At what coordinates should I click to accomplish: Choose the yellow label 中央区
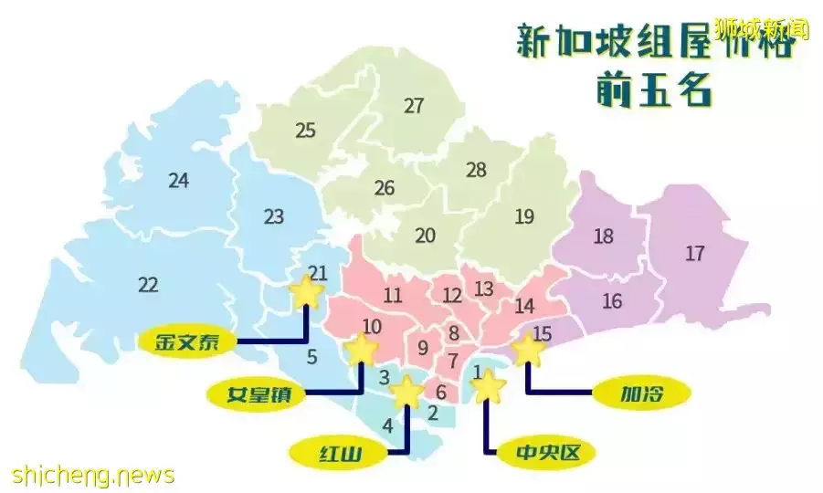(542, 451)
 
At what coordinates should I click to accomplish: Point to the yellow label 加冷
(642, 394)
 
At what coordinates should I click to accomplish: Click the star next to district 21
(306, 292)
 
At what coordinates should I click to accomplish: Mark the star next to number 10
(362, 348)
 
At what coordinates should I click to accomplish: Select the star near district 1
(489, 387)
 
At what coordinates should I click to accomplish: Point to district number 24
(179, 181)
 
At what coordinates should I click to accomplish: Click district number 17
(695, 254)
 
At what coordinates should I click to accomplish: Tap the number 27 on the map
(415, 106)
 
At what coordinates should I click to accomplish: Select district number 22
(148, 285)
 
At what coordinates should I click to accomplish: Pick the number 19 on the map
(524, 217)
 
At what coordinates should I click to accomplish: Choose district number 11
(393, 296)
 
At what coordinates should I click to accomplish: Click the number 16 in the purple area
(612, 301)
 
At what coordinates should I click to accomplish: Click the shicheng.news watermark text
(93, 475)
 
